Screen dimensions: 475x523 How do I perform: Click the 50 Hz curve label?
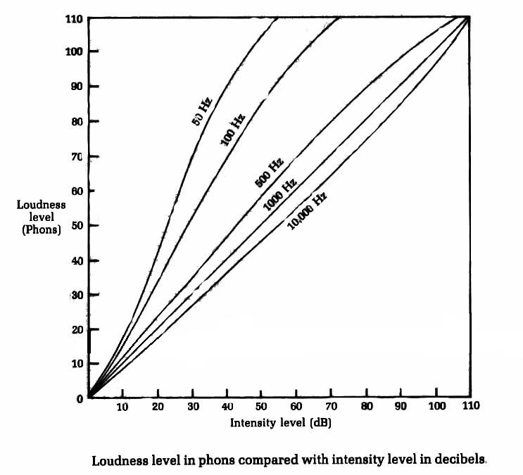(x=201, y=112)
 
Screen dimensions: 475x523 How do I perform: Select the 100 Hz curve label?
(x=232, y=129)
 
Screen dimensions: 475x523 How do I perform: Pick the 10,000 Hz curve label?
(x=307, y=211)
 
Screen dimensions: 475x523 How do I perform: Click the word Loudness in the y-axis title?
(x=42, y=205)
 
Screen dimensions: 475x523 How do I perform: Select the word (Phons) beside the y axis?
(x=42, y=229)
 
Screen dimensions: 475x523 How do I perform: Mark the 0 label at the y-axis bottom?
(x=79, y=398)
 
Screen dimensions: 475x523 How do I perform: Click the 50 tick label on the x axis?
(x=262, y=407)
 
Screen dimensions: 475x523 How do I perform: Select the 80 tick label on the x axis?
(x=366, y=407)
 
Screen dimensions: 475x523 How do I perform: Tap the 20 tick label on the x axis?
(x=157, y=407)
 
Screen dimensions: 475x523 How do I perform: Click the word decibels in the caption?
(x=461, y=461)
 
